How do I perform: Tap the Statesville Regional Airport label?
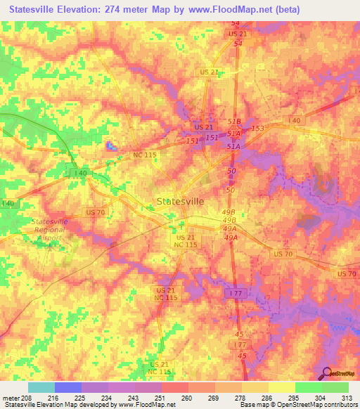[x=50, y=230]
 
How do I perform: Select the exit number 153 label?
[x=257, y=128]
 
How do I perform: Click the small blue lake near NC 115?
[x=110, y=146]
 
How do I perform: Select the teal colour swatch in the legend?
[x=41, y=387]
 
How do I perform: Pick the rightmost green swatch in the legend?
[x=335, y=387]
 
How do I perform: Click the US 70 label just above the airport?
[x=95, y=212]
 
